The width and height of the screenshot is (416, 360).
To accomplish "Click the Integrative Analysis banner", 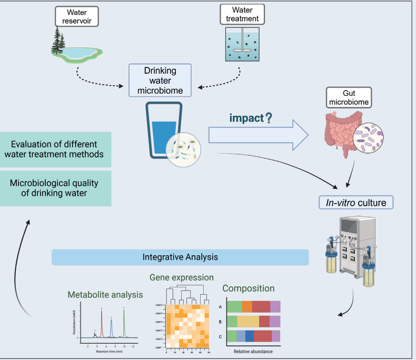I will pyautogui.click(x=180, y=257).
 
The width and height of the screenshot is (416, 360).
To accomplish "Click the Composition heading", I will pyautogui.click(x=249, y=288).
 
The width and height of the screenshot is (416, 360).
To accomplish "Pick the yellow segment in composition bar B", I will pyautogui.click(x=248, y=322).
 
